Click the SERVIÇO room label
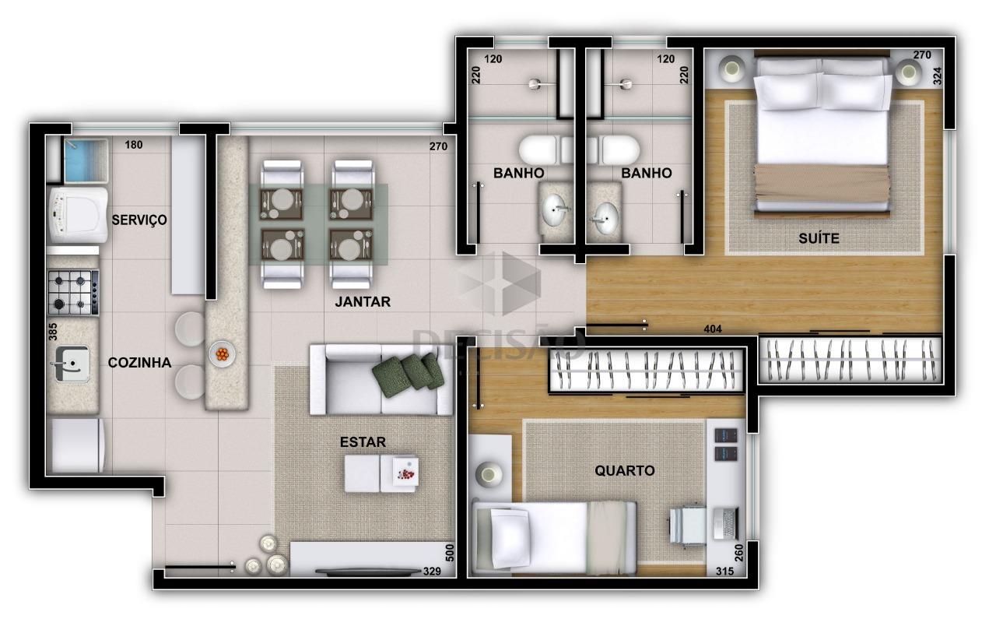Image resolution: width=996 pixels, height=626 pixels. point(139,220)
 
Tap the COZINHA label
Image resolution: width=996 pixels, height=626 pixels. point(139,363)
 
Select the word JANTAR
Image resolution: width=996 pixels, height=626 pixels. point(363,301)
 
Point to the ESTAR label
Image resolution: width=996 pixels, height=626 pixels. point(363,441)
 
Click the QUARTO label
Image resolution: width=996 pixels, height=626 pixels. point(625,470)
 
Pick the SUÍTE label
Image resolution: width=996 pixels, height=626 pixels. point(819,238)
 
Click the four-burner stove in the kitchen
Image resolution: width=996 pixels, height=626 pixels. point(73,292)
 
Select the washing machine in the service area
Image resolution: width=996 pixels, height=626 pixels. point(79,215)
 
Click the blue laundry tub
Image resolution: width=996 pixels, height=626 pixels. point(86,160)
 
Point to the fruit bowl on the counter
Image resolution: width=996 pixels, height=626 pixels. point(223,353)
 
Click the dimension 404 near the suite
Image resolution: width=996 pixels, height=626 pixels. point(713,329)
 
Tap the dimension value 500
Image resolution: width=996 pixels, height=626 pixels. point(450,553)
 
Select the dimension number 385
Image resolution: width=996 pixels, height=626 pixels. point(53,332)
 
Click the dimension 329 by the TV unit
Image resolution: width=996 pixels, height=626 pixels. point(432,571)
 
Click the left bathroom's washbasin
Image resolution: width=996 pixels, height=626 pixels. point(556,209)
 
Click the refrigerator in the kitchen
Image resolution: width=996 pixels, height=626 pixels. point(79,445)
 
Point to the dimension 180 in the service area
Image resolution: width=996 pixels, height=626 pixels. point(133,145)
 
